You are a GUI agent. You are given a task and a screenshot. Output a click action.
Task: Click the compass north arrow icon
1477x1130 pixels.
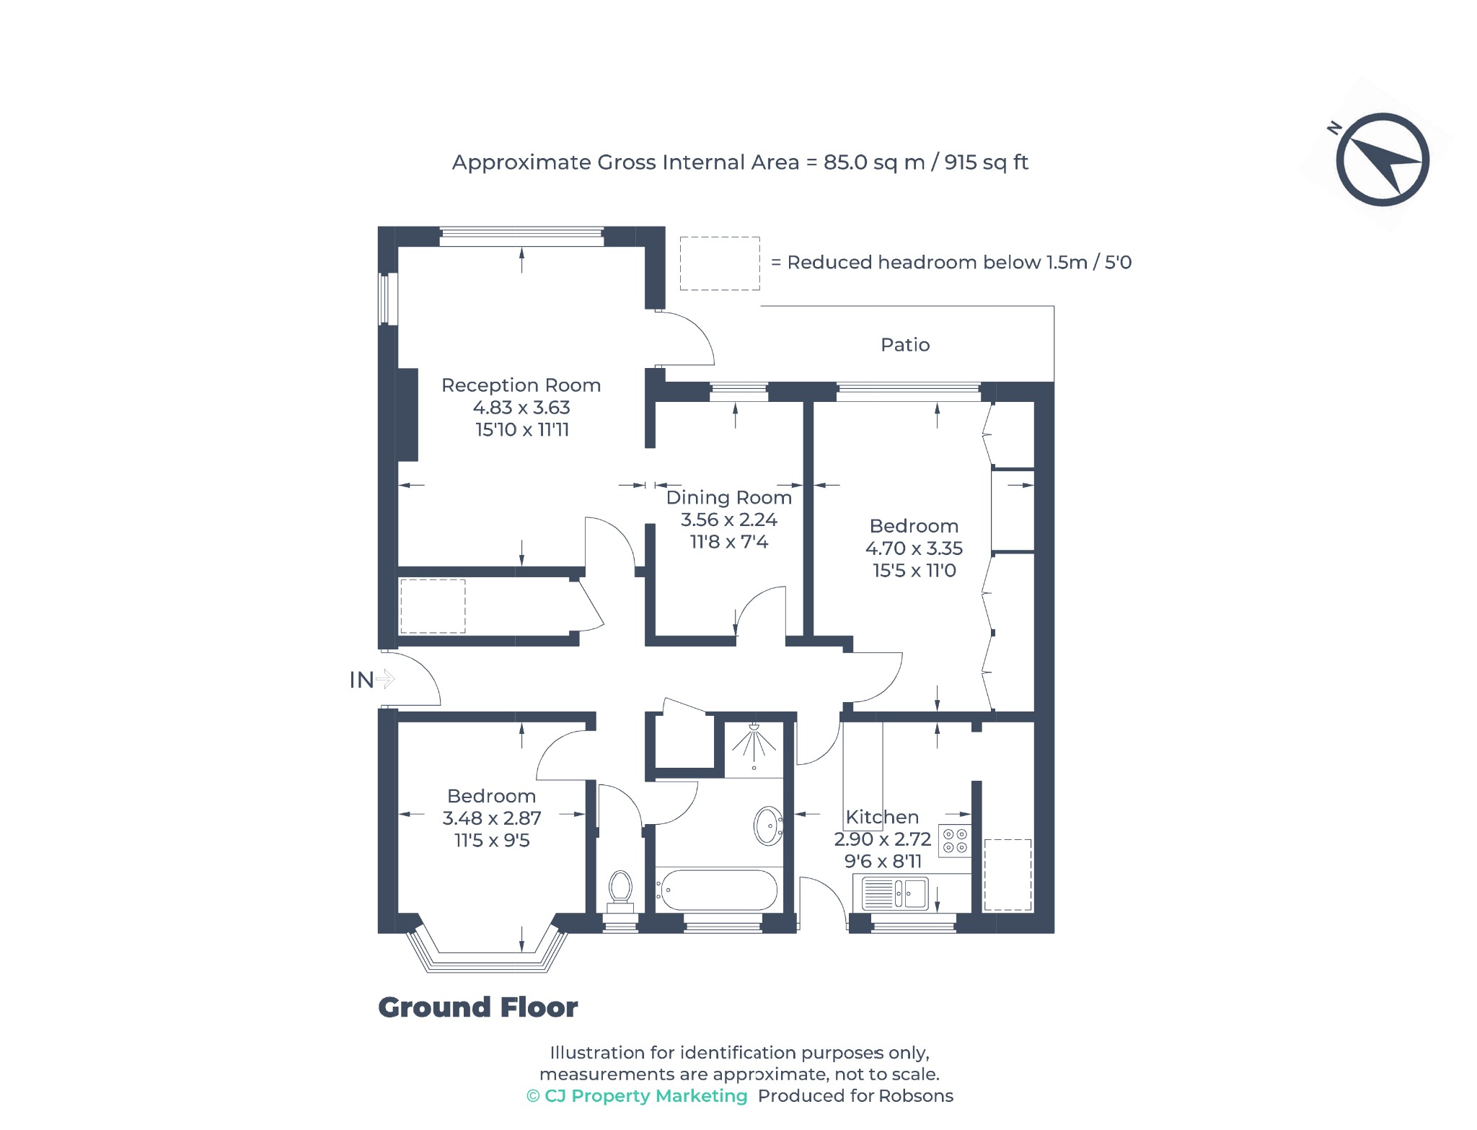[x=1382, y=159]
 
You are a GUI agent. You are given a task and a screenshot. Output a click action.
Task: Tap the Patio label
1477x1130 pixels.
[x=905, y=345]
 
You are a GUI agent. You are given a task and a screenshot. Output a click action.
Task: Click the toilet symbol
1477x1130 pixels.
[x=620, y=892]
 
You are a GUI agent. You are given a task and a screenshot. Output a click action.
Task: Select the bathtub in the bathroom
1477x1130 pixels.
[x=718, y=890]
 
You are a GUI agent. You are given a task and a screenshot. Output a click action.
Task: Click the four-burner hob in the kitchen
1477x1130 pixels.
[x=955, y=841]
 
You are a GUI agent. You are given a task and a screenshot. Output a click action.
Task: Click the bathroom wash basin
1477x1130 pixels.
[x=769, y=825]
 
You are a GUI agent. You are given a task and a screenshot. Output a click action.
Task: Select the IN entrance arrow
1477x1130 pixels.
[x=386, y=679]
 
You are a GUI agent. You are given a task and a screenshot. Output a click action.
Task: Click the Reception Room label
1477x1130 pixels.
[x=521, y=385]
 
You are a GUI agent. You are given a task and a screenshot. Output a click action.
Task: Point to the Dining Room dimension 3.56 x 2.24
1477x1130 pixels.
[x=729, y=520]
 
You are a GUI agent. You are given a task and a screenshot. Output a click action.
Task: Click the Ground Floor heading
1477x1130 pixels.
[x=478, y=1007]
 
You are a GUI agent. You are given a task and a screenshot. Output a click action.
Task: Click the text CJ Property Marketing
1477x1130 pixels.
[x=646, y=1096]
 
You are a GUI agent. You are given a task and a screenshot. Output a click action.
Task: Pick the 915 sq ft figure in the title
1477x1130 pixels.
[x=986, y=162]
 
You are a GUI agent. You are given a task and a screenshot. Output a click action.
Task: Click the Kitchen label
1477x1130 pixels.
[x=882, y=817]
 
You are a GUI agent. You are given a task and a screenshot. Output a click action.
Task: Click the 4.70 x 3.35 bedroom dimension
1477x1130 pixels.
[x=914, y=548]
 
